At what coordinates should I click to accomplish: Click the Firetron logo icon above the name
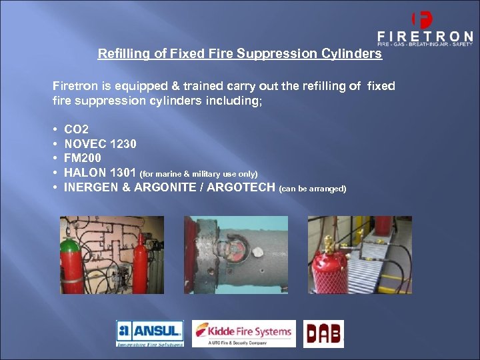423,19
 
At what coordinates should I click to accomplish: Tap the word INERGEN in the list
91,188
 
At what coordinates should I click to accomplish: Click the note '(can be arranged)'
313,189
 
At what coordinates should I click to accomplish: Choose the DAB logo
323,333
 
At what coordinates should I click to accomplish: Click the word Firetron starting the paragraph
75,86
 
